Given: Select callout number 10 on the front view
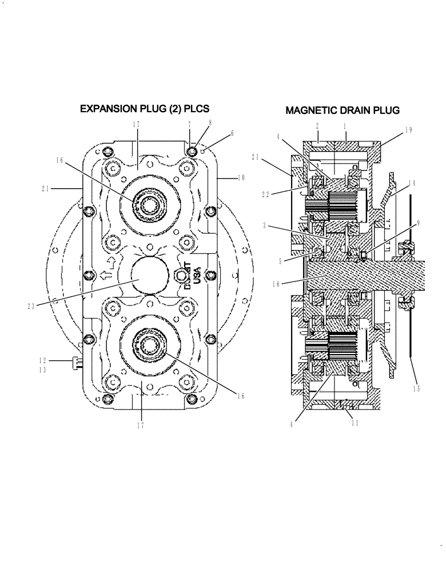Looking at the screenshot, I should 241,178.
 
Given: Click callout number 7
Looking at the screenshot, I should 189,124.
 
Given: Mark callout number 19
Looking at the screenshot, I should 408,130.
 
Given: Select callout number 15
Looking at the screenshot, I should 417,390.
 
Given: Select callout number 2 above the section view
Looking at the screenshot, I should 317,124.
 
